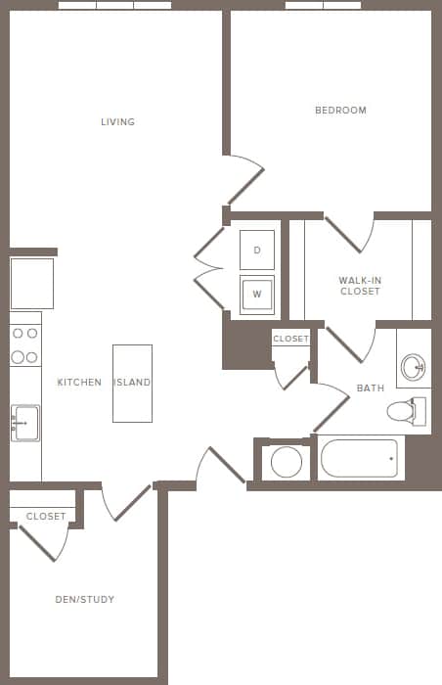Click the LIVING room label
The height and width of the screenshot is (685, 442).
(x=117, y=122)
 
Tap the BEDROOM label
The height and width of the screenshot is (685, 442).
(x=340, y=111)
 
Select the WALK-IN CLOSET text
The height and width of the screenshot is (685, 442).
(x=360, y=286)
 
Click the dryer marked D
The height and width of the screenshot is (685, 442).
(x=257, y=251)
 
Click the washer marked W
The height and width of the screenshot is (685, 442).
(x=257, y=294)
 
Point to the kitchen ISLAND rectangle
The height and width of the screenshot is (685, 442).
(x=132, y=383)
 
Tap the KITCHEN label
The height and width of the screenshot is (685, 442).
(x=79, y=383)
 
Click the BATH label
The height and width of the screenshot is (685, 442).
(x=370, y=388)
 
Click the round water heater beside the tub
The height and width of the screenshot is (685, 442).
(x=286, y=461)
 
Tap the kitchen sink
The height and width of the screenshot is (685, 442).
(x=25, y=424)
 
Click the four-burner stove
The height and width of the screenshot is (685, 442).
(x=25, y=345)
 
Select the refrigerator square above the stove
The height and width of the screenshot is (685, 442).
(x=31, y=283)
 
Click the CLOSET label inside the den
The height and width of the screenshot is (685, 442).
(x=46, y=516)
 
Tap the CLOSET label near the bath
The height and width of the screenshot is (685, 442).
(x=290, y=339)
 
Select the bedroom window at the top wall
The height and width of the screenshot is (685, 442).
(x=323, y=5)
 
